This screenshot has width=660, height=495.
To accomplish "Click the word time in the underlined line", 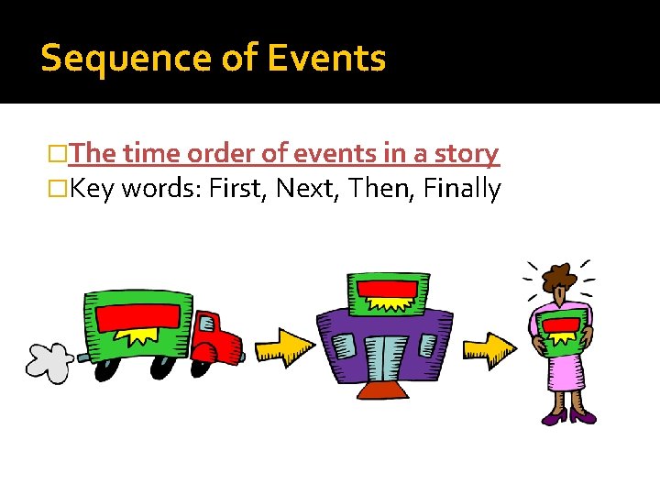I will [152, 153].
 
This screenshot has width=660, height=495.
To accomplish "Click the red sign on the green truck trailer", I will [138, 318].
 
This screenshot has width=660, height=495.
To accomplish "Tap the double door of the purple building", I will [384, 358].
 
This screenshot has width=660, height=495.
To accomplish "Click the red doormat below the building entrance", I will [384, 391].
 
